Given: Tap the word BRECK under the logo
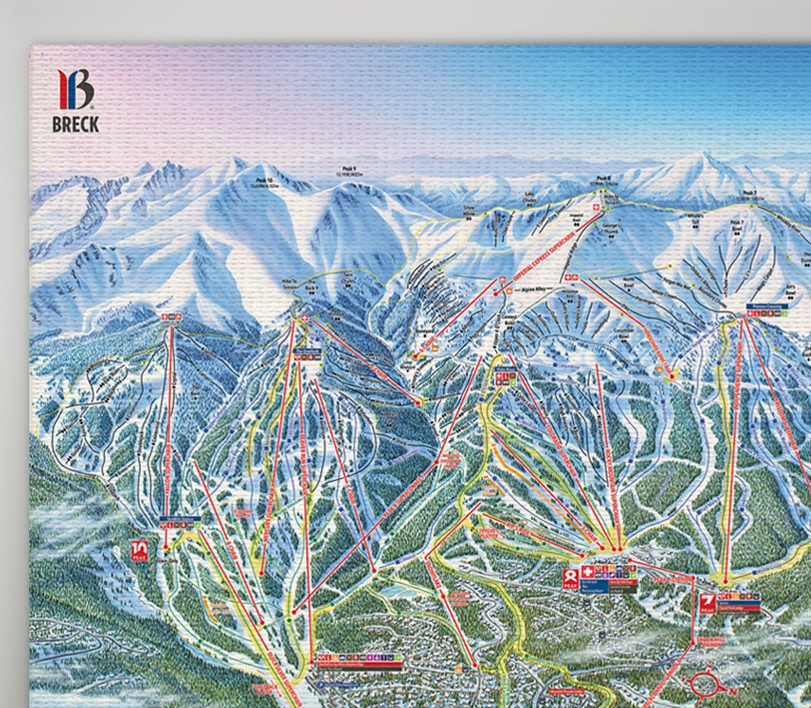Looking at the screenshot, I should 75,125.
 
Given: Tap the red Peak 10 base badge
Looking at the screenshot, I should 138,551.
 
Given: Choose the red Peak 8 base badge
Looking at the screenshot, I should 569,576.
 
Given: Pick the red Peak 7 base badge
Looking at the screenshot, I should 706,602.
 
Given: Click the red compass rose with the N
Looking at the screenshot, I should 707,683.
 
